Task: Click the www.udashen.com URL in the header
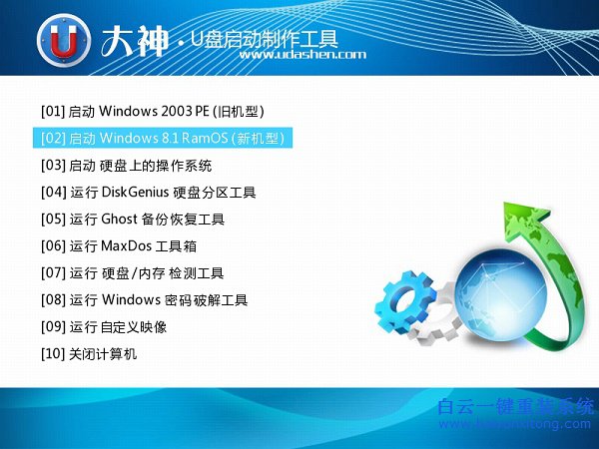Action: coord(303,55)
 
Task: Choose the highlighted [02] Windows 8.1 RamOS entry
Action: coord(164,138)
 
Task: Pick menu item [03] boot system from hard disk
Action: coord(126,165)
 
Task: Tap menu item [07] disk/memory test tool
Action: coord(146,272)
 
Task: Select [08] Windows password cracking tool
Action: coord(158,299)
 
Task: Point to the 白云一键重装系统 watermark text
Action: coord(516,407)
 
